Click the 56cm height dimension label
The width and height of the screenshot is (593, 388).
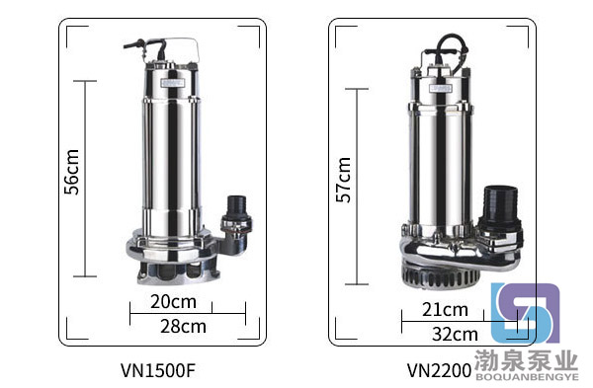point(71,172)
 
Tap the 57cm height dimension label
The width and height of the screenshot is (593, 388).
point(344,180)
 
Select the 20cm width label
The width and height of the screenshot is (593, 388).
point(174,302)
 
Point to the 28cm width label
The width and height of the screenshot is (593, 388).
point(184,327)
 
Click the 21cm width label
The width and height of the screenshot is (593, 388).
point(445,310)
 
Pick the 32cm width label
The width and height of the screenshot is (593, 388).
point(456,335)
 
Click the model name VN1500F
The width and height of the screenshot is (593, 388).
point(158,370)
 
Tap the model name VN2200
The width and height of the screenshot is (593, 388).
point(440,370)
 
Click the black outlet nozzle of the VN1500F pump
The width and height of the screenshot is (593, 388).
point(236,210)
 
